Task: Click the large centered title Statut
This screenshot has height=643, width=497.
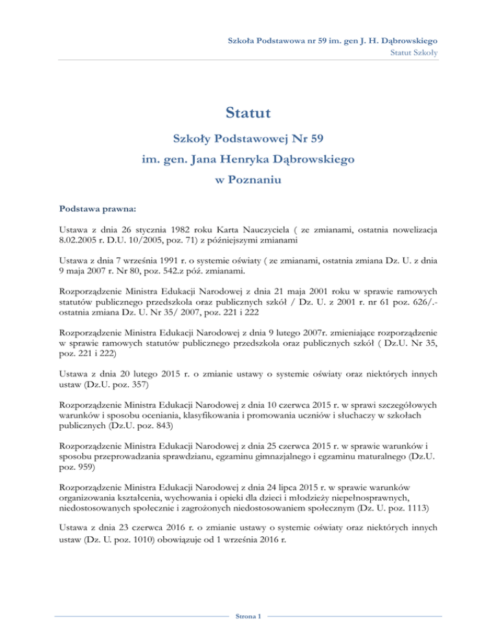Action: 248,114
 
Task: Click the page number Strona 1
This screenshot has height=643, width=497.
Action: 248,616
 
